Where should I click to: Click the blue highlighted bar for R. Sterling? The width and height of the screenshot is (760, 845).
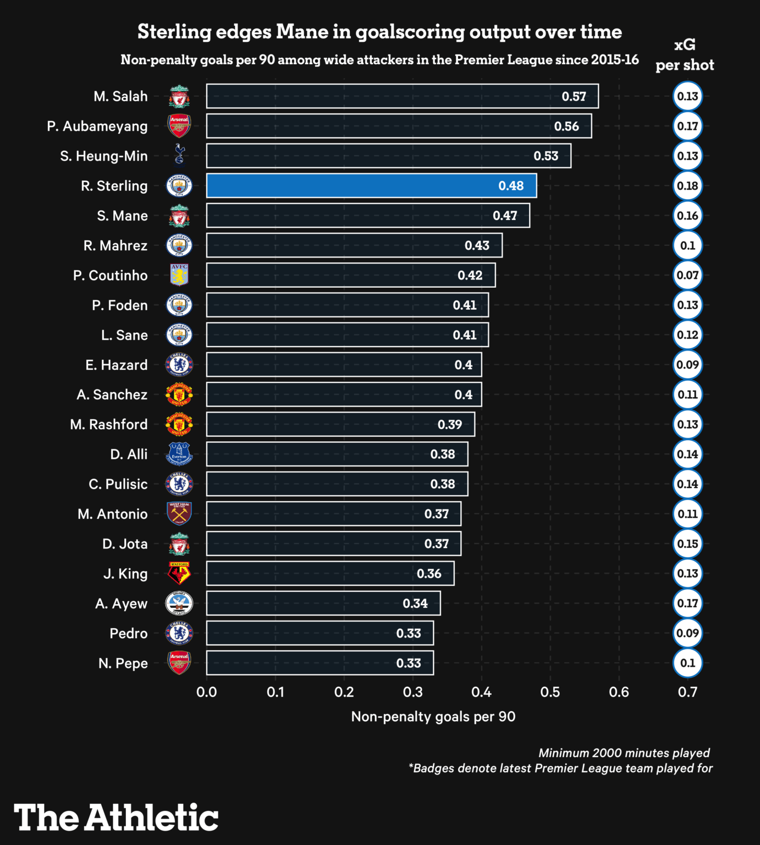(371, 186)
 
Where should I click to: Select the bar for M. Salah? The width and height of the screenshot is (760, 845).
(402, 96)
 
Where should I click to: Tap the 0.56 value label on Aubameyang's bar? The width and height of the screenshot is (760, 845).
(566, 127)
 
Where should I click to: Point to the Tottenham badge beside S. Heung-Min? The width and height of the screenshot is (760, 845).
(179, 156)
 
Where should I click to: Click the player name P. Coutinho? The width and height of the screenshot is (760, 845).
(110, 276)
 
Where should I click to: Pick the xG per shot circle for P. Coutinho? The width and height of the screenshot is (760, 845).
(687, 275)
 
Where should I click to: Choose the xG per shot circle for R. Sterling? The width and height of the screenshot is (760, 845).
(687, 186)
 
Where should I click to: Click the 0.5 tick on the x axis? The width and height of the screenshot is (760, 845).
(550, 692)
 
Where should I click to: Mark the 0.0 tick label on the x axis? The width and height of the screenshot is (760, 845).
(207, 692)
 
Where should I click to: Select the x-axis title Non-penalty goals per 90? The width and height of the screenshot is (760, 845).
(433, 717)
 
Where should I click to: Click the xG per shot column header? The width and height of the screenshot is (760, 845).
(685, 55)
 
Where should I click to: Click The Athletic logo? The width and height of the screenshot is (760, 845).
(116, 817)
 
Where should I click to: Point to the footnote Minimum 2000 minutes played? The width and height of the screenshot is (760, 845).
(624, 753)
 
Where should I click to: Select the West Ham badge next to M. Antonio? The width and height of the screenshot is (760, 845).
(179, 514)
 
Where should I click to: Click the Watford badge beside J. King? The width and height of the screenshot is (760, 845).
(179, 573)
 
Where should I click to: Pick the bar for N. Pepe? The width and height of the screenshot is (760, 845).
(320, 663)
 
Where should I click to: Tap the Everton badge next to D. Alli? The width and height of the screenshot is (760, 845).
(179, 454)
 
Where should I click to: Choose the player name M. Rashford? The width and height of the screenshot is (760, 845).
(109, 425)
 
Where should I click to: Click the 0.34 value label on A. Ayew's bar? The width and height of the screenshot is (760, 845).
(415, 603)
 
